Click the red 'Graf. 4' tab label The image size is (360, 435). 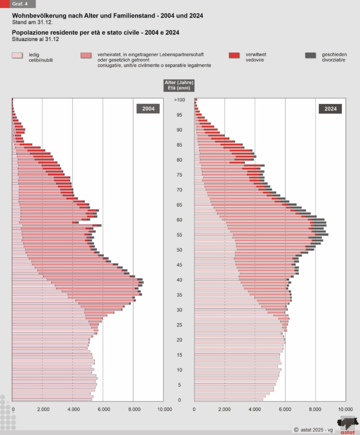20,4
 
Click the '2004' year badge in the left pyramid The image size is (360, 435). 148,109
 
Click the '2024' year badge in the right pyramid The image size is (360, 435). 330,109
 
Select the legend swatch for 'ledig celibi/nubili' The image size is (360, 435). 17,56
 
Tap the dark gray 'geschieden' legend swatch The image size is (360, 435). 311,56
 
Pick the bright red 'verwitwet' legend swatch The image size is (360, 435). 234,56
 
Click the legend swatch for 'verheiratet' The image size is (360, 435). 86,56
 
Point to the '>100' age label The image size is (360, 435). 179,100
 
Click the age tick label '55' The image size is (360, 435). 179,235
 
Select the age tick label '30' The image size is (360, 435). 179,310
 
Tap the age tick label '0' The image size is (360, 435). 179,400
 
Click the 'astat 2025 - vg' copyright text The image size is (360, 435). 314,430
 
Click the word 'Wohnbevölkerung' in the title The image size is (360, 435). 37,15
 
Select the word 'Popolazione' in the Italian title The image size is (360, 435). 29,33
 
